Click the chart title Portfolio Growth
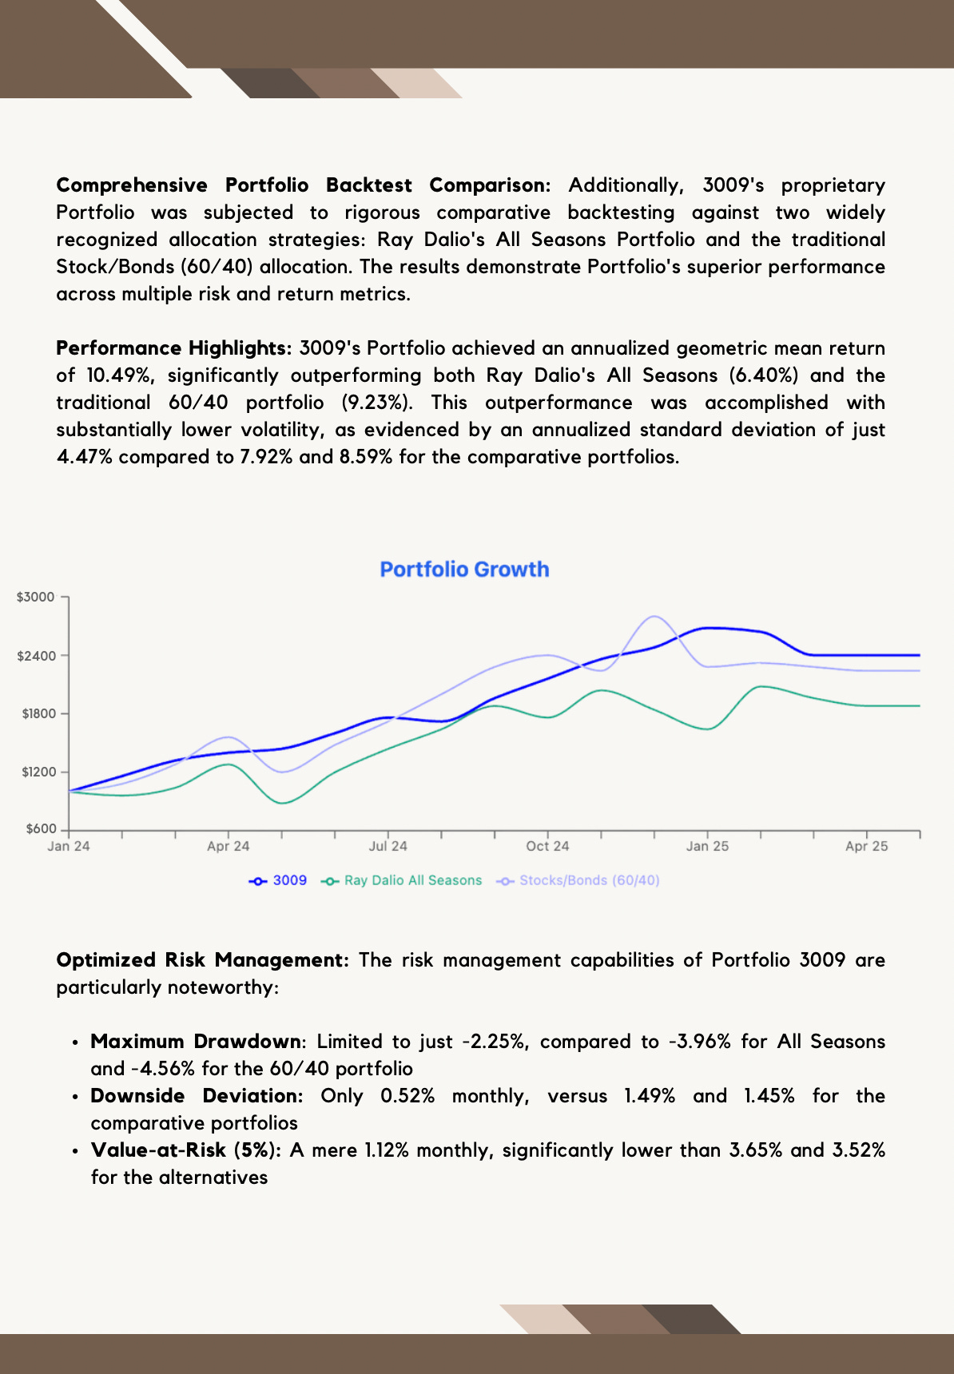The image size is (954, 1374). click(464, 570)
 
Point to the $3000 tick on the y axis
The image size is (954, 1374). click(36, 597)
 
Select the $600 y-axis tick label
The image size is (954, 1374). click(42, 829)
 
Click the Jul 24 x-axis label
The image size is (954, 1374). click(388, 847)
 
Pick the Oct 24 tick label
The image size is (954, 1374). click(547, 847)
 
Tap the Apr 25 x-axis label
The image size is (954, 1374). click(867, 847)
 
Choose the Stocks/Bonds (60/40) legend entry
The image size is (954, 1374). click(578, 880)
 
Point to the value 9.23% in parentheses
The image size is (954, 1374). click(372, 403)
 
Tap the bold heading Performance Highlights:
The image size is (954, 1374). click(174, 348)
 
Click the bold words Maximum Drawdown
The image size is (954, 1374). click(197, 1042)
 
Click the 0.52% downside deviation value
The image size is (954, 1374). click(407, 1096)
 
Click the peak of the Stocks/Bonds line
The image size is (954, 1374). click(654, 617)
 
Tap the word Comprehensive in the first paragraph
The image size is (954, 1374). click(132, 185)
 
